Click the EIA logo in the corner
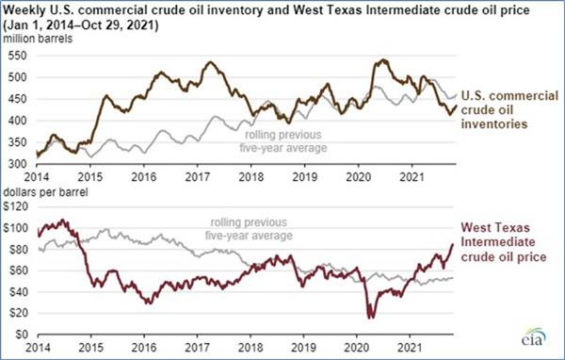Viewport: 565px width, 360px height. [534, 336]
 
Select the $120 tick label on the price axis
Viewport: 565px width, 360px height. [15, 206]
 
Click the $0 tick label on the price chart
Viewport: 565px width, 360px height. [22, 335]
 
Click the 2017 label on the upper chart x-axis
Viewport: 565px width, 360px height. [197, 177]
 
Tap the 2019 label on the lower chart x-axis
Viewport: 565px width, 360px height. [303, 348]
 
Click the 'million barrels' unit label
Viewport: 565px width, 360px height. [38, 39]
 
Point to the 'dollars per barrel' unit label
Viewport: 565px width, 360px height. [45, 192]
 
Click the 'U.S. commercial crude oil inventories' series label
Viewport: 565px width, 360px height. [509, 109]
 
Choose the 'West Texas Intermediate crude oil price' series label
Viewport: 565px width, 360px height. [504, 242]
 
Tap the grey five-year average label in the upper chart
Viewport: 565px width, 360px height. [283, 141]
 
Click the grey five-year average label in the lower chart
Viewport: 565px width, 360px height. [249, 229]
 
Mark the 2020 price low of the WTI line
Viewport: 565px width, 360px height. [370, 318]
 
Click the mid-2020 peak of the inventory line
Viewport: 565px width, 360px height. [383, 60]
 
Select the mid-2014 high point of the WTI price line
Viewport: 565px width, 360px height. [63, 220]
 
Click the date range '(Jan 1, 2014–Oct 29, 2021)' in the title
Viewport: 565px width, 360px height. [81, 25]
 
